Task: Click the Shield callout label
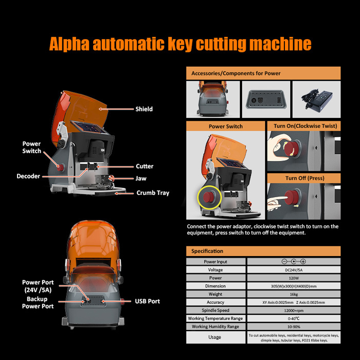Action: pyautogui.click(x=144, y=109)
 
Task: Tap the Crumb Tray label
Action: pyautogui.click(x=153, y=193)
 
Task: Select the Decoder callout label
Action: pyautogui.click(x=28, y=176)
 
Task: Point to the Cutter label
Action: pyautogui.click(x=145, y=166)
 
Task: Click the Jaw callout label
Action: pyautogui.click(x=140, y=179)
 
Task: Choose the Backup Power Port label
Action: pyautogui.click(x=37, y=302)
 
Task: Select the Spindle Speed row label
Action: pyautogui.click(x=216, y=310)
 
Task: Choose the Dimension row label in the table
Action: pyautogui.click(x=216, y=286)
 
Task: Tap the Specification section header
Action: pyautogui.click(x=207, y=251)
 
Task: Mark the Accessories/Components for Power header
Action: pyautogui.click(x=236, y=73)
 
